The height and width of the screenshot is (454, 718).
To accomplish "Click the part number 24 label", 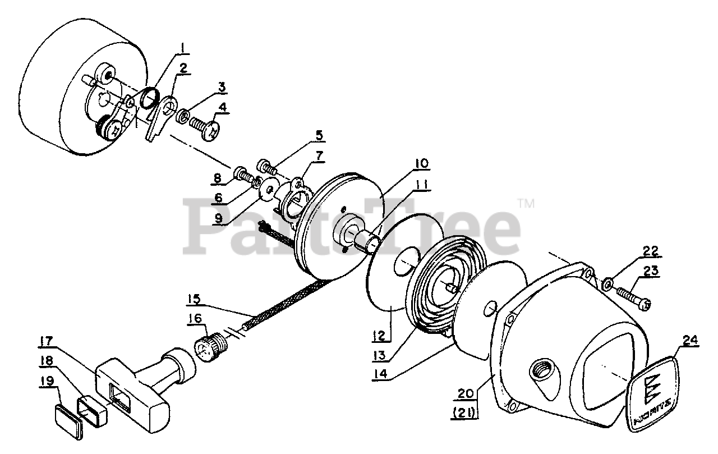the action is tap(691, 340).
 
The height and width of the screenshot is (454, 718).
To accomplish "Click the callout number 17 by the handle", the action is tap(46, 340).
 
